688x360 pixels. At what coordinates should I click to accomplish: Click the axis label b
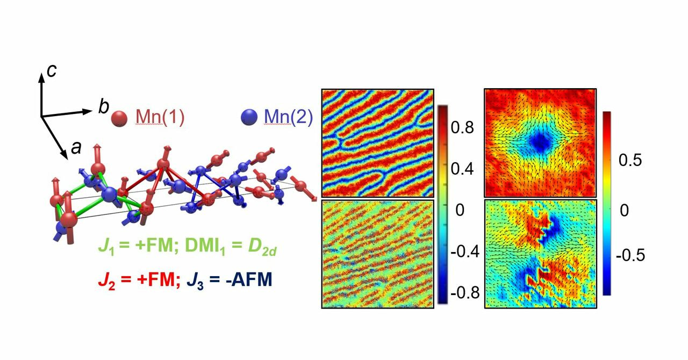click(x=103, y=107)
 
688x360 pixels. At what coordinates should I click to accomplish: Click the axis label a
click(x=76, y=147)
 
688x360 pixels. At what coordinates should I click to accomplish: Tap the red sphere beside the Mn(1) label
click(x=119, y=117)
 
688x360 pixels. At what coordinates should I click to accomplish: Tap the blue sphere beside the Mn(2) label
click(x=249, y=117)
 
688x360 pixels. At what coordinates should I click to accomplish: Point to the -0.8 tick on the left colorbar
click(x=464, y=293)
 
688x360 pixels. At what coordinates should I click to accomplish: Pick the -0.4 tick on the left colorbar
click(x=464, y=252)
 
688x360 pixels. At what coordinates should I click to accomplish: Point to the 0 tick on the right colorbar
click(x=624, y=210)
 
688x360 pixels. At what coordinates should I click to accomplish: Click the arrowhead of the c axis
click(x=41, y=75)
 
